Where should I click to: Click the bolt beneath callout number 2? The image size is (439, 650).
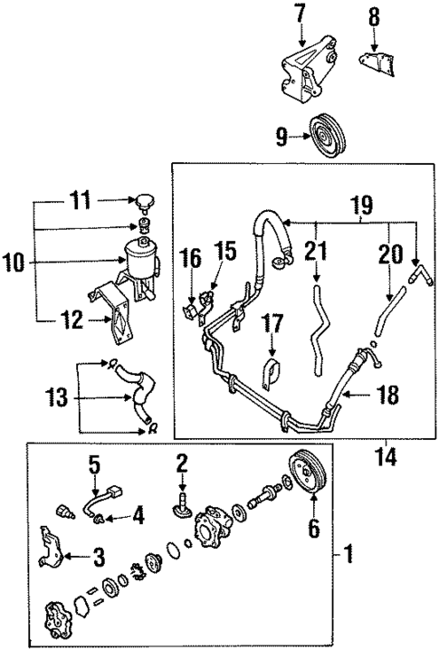184,497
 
